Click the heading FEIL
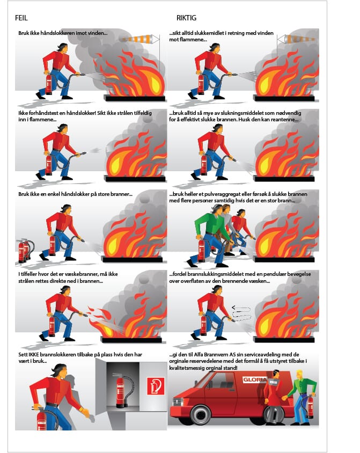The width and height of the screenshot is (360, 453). [x=21, y=18]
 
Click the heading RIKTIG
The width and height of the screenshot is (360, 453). [x=186, y=18]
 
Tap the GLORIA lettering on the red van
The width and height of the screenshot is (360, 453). [x=254, y=379]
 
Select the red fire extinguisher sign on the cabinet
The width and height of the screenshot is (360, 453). [x=156, y=386]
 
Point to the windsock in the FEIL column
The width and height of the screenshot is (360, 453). [x=139, y=39]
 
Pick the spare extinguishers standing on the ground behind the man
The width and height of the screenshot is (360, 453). [x=25, y=250]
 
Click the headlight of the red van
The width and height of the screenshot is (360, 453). [x=178, y=401]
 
